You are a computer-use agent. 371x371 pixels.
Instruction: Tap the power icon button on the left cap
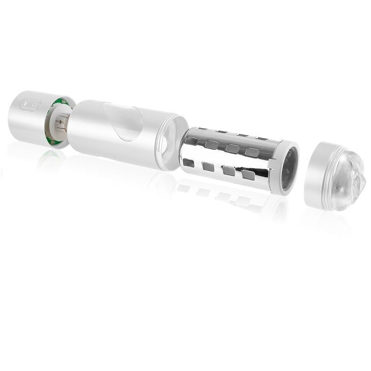click(x=34, y=104)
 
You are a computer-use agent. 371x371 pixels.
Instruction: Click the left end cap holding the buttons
click(x=27, y=115)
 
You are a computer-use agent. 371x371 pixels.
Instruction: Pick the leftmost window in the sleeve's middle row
click(x=212, y=144)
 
